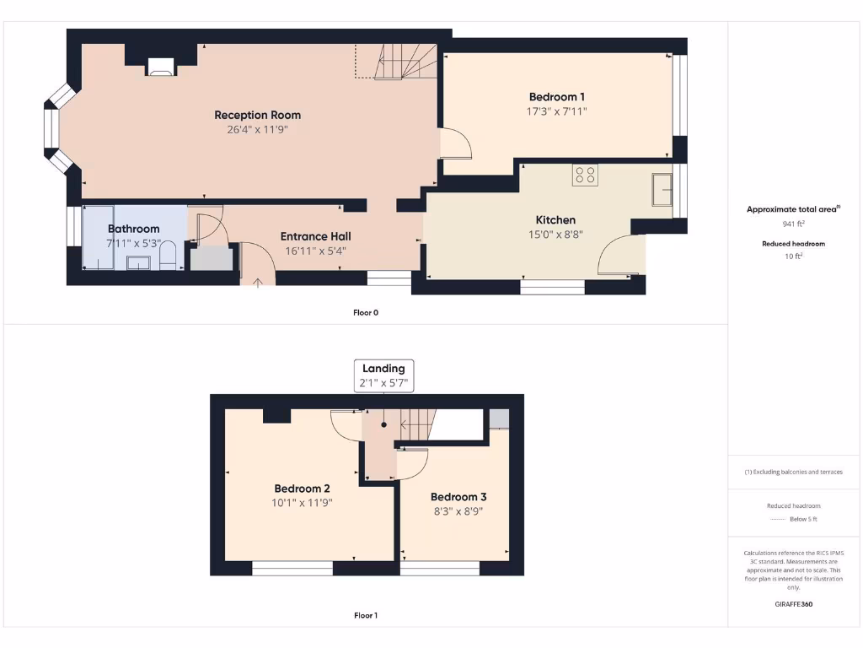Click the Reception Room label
[257, 115]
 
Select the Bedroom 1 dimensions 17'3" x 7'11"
[556, 111]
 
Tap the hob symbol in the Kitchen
[585, 175]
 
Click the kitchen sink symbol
[662, 190]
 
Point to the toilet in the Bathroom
[167, 256]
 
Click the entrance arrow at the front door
[258, 281]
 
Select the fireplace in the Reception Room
[160, 67]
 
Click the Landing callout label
[383, 368]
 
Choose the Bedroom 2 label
[302, 489]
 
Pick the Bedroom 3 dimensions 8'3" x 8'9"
[458, 510]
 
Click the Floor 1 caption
[365, 615]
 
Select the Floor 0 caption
[365, 312]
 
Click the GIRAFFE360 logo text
[794, 604]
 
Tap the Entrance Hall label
[315, 236]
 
